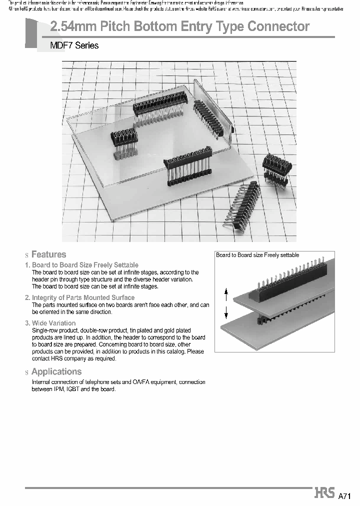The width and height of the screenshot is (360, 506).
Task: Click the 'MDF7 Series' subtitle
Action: [x=74, y=45]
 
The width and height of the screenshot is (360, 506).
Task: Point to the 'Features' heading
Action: [x=48, y=254]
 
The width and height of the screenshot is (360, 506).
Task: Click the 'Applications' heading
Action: [x=56, y=371]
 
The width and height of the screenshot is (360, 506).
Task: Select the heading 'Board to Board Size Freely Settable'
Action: [x=85, y=265]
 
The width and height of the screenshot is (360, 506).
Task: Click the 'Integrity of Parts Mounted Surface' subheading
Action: [x=83, y=297]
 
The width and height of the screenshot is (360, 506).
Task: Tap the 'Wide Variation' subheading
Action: [x=53, y=323]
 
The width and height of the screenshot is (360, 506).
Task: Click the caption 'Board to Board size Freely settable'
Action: [x=257, y=255]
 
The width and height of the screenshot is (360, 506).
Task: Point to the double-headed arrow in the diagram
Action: [x=226, y=303]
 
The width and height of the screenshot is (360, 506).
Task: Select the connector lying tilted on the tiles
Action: [x=244, y=204]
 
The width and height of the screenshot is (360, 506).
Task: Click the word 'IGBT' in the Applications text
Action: [x=72, y=389]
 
